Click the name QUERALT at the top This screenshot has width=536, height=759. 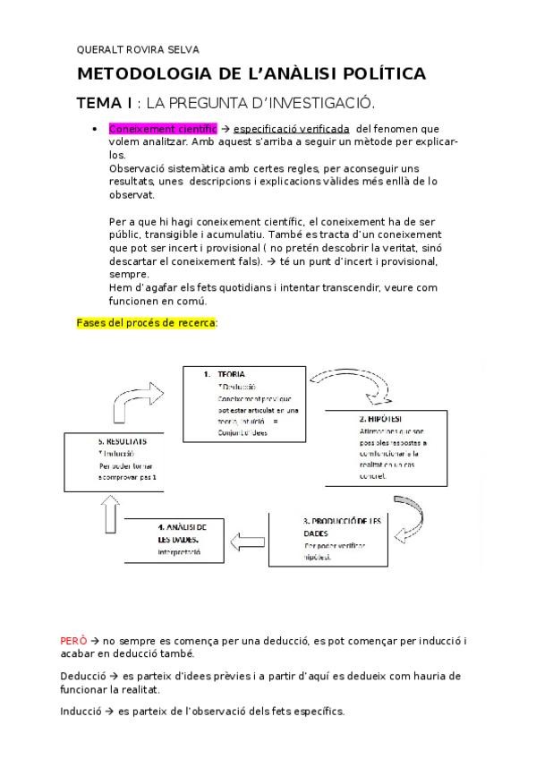[x=98, y=50]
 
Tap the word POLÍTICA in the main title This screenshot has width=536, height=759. [x=380, y=73]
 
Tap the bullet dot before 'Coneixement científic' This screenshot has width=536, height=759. [x=95, y=129]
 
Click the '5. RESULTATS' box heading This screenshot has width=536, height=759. [x=123, y=442]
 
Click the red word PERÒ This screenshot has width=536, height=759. [x=73, y=641]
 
